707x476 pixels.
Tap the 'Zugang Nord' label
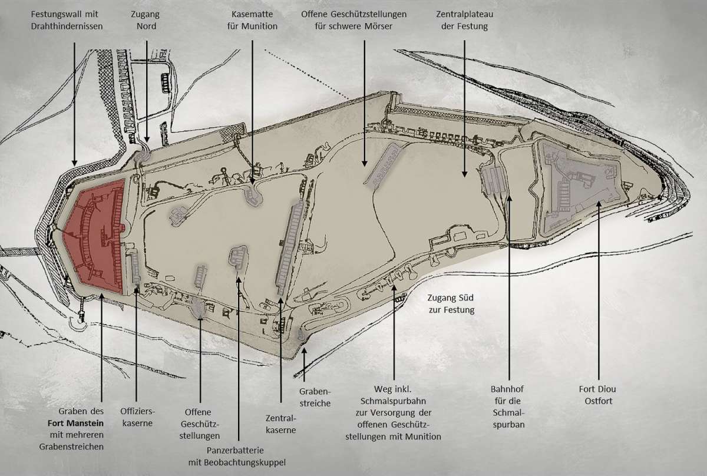point(147,19)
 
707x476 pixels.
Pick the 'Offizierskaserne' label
point(136,418)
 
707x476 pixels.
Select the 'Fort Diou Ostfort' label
point(598,395)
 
